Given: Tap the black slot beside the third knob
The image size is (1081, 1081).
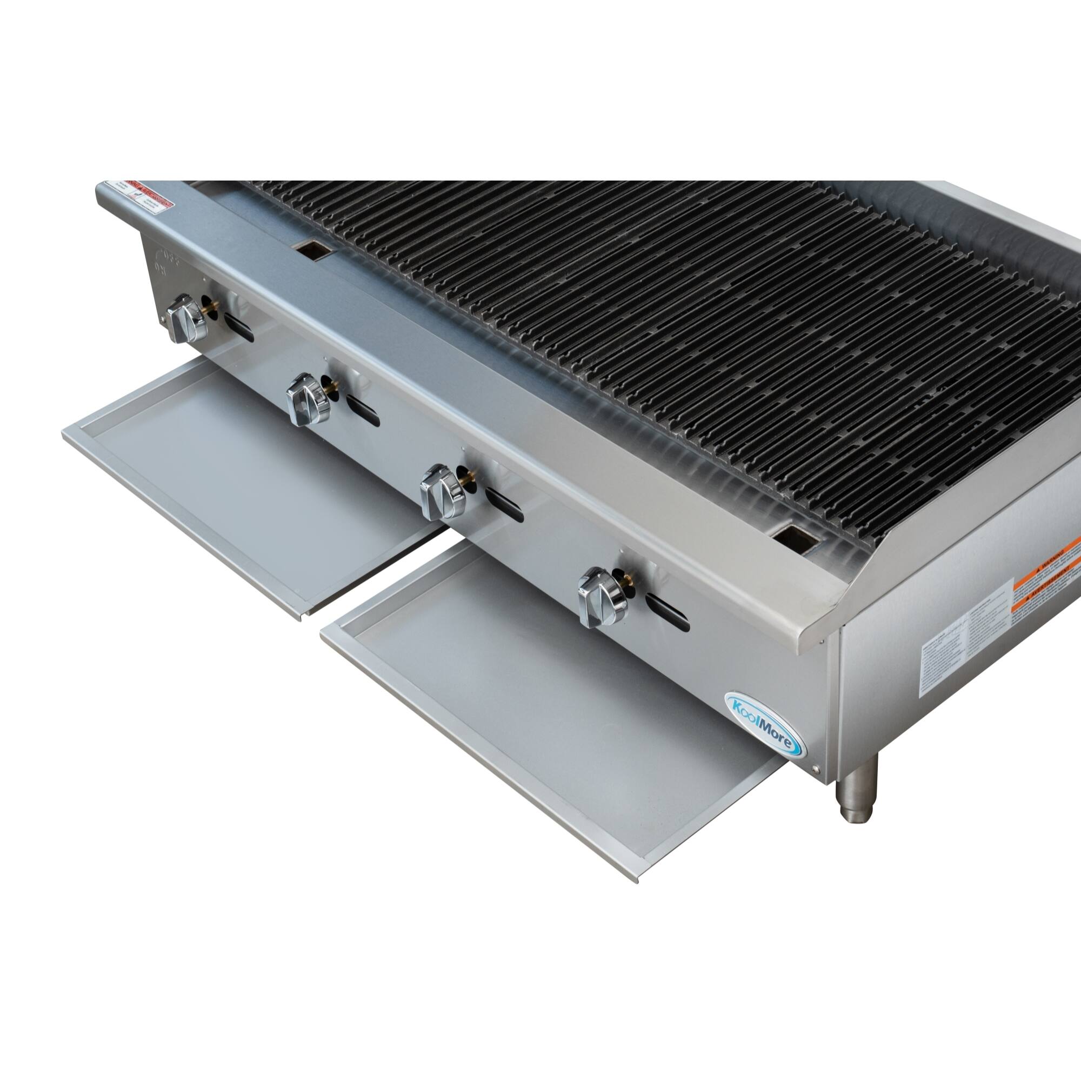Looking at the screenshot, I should pyautogui.click(x=504, y=505).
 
